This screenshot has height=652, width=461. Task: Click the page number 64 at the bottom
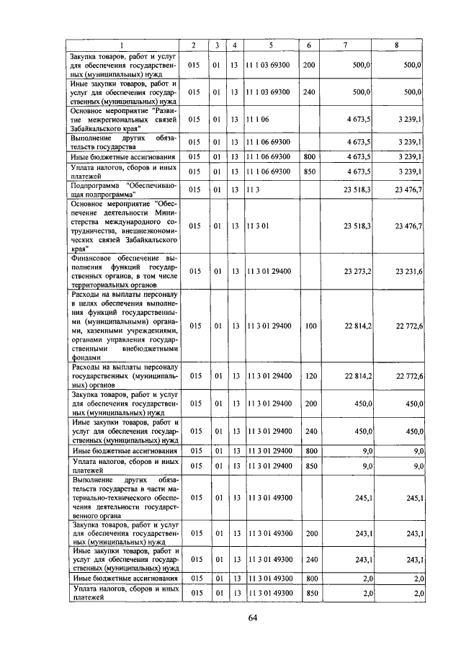point(253,617)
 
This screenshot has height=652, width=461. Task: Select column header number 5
point(270,46)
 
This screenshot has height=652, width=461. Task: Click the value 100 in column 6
point(310,326)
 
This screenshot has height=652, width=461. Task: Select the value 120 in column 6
point(310,375)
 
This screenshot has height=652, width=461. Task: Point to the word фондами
point(85,356)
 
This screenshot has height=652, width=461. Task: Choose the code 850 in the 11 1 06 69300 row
point(310,171)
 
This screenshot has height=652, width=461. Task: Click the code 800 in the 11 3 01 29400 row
point(310,450)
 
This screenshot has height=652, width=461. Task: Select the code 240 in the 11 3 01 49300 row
point(310,559)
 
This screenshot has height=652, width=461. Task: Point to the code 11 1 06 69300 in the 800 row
point(268,156)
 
